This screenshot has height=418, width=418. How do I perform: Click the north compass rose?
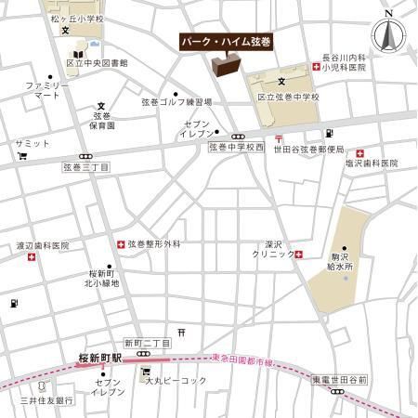point(388,35)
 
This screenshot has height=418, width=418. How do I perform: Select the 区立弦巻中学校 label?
point(288,98)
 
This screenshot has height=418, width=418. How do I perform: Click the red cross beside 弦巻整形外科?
point(121,244)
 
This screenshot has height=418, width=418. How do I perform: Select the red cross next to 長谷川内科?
point(318,69)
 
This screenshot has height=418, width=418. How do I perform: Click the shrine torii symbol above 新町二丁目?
point(181,331)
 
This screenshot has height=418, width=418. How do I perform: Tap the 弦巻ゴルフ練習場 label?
point(177,101)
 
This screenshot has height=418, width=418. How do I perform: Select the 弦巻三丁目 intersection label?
point(85,167)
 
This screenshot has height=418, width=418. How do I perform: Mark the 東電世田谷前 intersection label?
point(340,380)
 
